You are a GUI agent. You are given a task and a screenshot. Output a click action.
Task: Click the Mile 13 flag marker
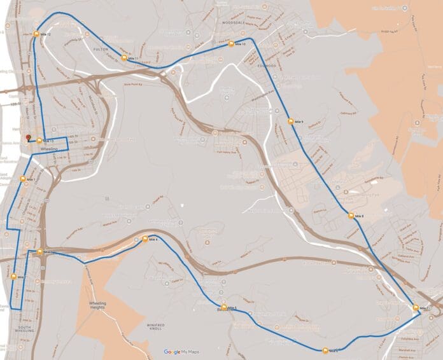pos(39,141)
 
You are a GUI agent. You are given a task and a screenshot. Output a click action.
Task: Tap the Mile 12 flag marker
pos(37,34)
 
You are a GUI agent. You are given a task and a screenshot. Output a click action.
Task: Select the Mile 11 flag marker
pos(125,59)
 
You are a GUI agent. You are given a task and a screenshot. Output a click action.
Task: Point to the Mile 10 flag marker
pos(232,45)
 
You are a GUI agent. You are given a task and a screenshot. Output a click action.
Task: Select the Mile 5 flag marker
pos(224,308)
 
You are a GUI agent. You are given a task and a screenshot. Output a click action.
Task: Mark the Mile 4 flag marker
pos(145,239)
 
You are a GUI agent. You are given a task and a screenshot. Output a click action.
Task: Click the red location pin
pos(28,138)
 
